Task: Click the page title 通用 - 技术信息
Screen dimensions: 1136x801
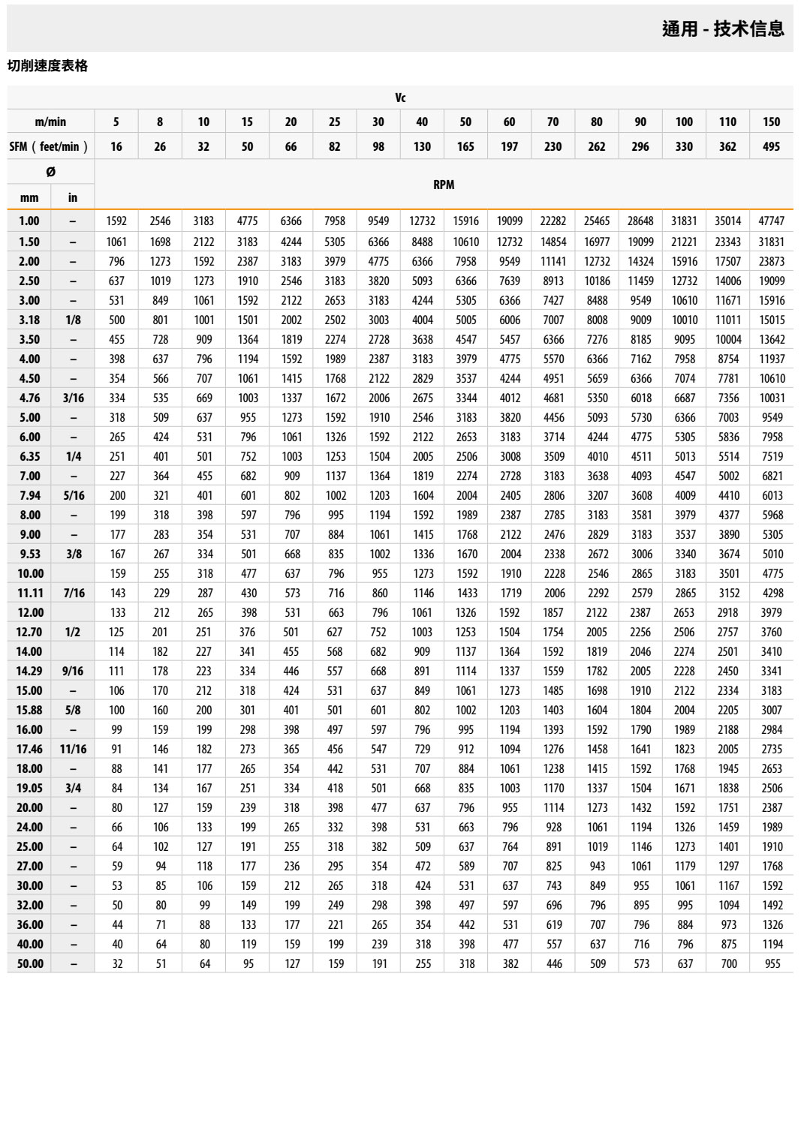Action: pos(723,29)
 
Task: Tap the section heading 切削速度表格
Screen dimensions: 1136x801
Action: pos(47,66)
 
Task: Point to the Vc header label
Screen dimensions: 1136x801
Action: pos(400,98)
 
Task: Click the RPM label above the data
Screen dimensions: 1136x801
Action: pos(444,185)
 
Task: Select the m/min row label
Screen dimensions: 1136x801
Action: pos(50,122)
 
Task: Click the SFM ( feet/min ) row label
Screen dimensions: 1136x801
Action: pos(49,146)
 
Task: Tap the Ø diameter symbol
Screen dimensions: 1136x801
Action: pos(50,172)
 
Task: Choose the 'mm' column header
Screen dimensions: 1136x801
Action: pos(29,197)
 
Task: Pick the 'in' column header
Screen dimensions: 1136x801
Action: pos(73,197)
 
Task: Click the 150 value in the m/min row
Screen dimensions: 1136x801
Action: pos(771,122)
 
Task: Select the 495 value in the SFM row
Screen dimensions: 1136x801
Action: pos(771,146)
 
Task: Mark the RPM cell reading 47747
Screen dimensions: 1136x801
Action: pos(771,221)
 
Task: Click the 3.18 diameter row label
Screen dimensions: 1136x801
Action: pos(29,320)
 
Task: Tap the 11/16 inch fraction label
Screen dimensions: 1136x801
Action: pos(73,749)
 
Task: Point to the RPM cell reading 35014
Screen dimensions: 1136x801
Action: pos(727,221)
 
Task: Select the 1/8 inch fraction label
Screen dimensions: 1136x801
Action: pos(73,320)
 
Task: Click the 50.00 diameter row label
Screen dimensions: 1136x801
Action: pos(30,963)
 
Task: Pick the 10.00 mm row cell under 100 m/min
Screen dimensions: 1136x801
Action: pos(685,573)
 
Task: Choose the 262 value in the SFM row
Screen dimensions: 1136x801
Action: pos(597,146)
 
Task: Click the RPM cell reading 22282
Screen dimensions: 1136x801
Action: pos(553,221)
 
